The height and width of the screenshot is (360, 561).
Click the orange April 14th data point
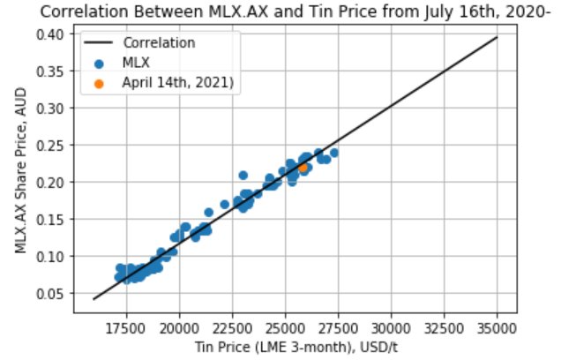point(303,167)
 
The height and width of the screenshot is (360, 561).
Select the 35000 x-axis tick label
point(497,323)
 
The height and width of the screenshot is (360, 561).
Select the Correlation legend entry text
point(160,42)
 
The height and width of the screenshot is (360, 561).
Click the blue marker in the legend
point(99,63)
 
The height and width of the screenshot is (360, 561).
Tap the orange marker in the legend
point(99,83)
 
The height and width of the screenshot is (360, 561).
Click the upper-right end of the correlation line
point(497,38)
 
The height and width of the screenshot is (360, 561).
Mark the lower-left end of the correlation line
point(93,299)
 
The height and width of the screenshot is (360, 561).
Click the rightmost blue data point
point(334,153)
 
